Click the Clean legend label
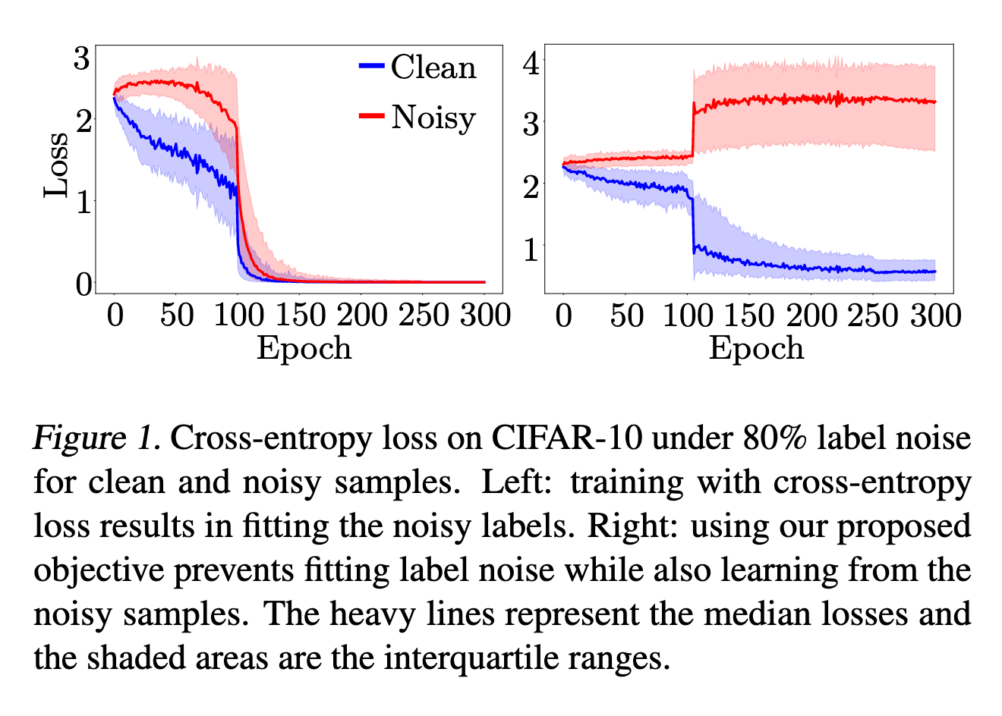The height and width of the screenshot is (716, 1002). pos(433,68)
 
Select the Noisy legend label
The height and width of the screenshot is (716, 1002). pos(433,118)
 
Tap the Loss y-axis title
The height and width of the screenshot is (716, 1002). pos(55,165)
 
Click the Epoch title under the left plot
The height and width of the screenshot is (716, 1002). pos(304,348)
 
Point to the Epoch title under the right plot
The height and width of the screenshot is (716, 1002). pos(756,348)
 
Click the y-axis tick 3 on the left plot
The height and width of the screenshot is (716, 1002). pos(82,58)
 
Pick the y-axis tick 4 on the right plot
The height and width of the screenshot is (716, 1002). pos(531,62)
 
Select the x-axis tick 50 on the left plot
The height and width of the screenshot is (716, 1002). pos(176,315)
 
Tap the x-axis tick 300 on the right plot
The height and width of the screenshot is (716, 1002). pos(935,315)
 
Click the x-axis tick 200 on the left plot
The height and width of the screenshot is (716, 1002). pos(361,315)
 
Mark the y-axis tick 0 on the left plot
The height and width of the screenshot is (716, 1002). pos(83,284)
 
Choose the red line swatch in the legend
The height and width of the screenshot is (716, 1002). pos(371,115)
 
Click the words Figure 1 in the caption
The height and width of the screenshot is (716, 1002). pos(96,438)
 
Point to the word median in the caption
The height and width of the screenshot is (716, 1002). pos(751,614)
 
